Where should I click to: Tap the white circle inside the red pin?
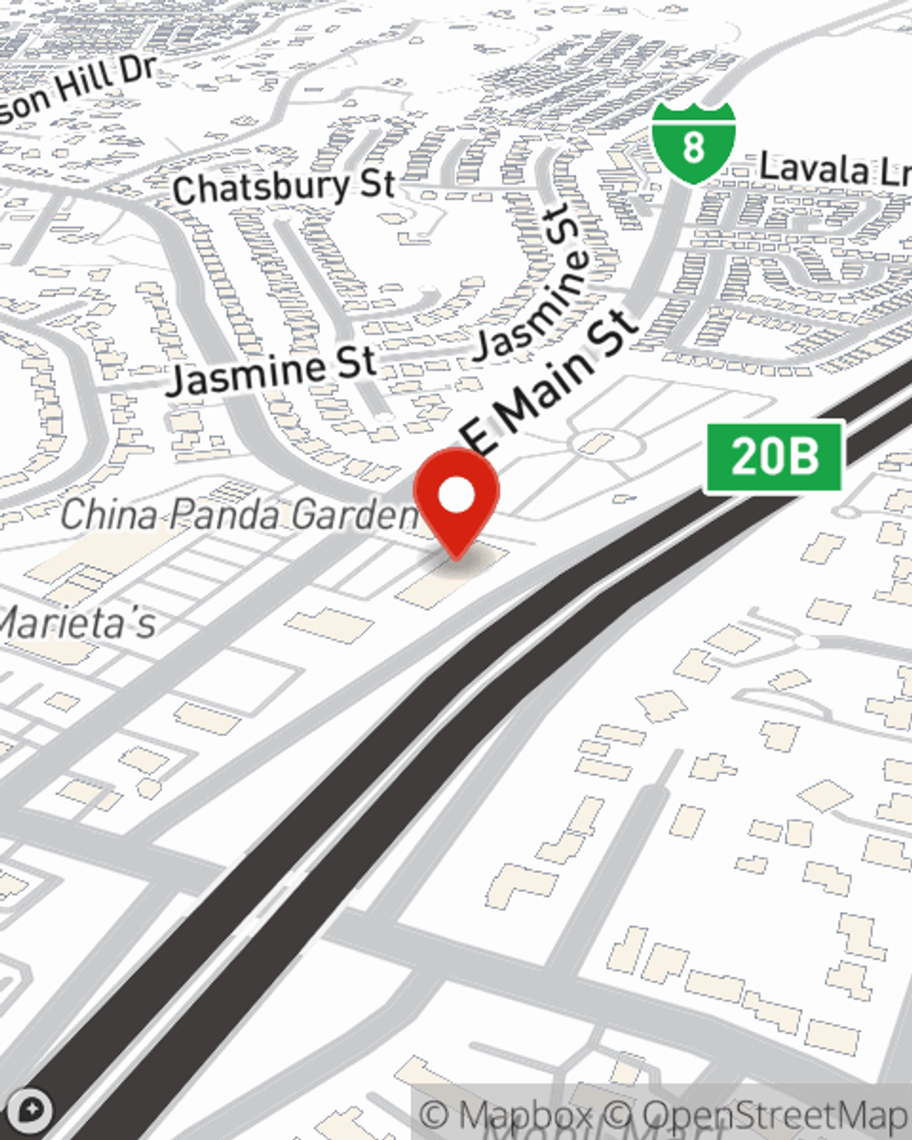click(456, 496)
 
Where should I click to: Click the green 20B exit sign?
click(774, 455)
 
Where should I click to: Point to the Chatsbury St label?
click(283, 187)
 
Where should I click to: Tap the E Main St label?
click(553, 383)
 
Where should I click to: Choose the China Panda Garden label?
click(239, 514)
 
